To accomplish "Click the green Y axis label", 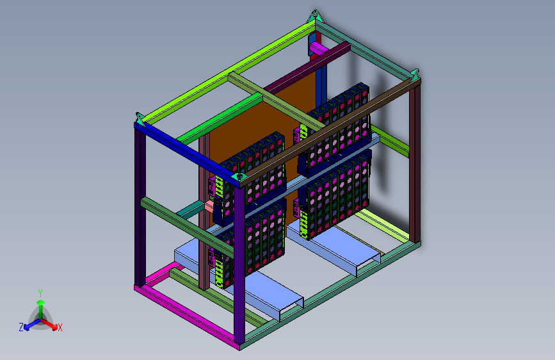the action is point(40,293).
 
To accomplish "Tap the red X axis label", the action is point(60,327).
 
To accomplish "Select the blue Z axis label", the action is point(21,327).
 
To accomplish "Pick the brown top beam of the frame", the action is point(330,131).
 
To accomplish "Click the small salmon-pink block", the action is point(209,206).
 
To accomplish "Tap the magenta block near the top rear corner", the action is point(318,49).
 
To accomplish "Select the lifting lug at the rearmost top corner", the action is point(315,16).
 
